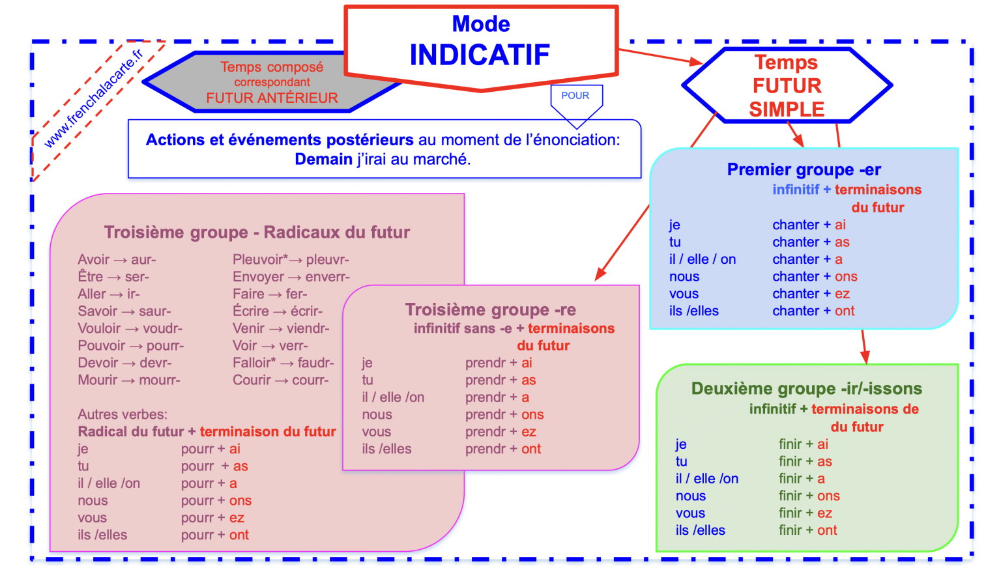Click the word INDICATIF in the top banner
click(x=480, y=55)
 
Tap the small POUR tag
click(x=575, y=96)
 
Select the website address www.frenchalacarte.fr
click(x=93, y=98)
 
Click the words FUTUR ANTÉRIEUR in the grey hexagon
click(x=272, y=98)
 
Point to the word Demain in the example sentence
click(x=323, y=159)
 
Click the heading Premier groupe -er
click(x=804, y=170)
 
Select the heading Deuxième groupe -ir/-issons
click(x=806, y=389)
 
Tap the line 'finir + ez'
click(x=805, y=513)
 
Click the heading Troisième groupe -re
click(x=490, y=310)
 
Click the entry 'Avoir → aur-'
click(x=117, y=260)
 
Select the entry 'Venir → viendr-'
click(x=281, y=328)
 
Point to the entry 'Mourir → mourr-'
click(x=129, y=380)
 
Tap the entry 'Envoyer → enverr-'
click(x=291, y=277)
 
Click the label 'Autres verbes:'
click(x=123, y=414)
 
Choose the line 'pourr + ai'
click(x=210, y=449)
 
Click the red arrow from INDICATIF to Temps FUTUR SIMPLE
click(x=659, y=56)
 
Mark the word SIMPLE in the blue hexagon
click(x=787, y=109)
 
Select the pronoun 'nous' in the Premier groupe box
click(x=684, y=277)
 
